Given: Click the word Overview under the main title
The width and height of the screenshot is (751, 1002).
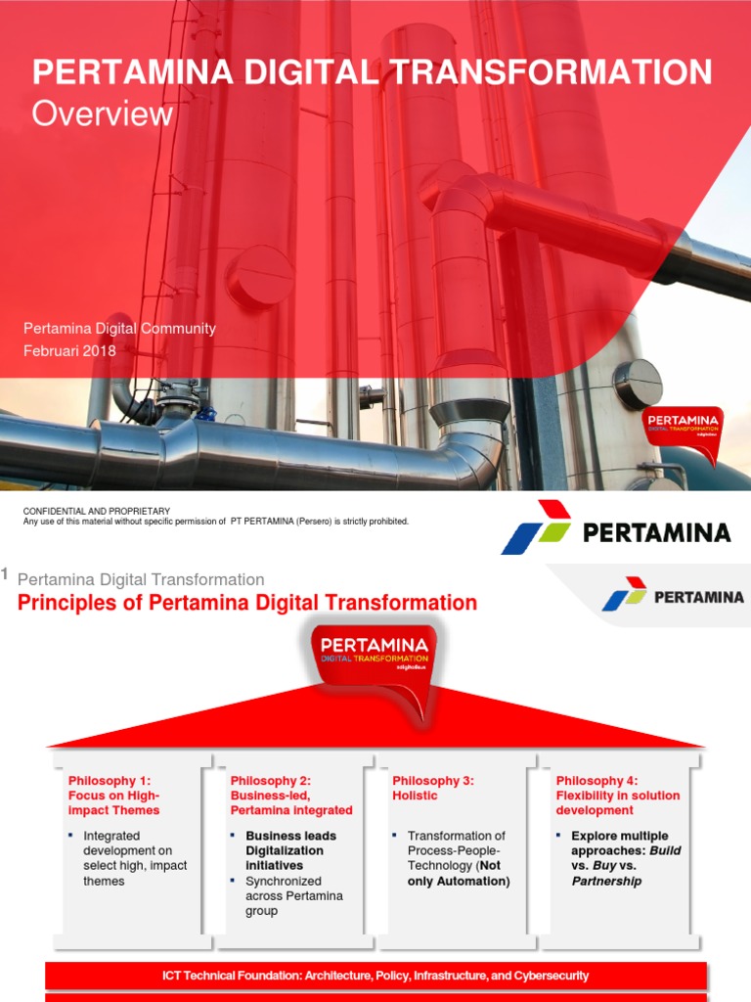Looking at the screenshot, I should (103, 114).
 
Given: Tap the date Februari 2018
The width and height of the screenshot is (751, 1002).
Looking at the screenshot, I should (69, 351).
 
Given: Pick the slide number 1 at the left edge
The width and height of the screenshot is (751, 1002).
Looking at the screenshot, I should (5, 574).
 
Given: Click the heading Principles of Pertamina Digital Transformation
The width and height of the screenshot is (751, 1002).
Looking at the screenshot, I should (247, 603).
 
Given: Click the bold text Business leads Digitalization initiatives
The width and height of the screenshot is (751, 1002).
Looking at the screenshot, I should (290, 850).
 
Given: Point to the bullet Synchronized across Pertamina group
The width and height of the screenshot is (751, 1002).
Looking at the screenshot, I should (293, 895).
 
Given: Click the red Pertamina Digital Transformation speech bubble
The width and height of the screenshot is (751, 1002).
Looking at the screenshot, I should (375, 660).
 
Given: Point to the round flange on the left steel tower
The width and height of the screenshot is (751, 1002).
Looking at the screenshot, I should (259, 276).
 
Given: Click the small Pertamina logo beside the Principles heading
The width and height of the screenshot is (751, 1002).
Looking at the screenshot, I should (673, 595).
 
